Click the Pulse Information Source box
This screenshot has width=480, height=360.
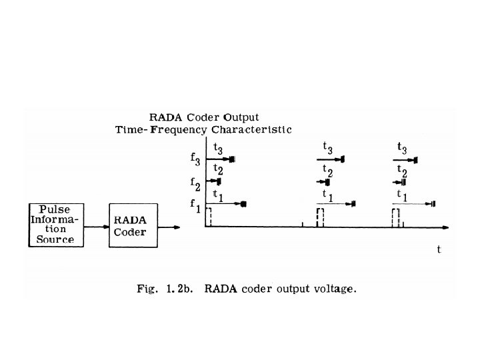click(55, 224)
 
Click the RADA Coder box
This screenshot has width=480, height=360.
click(134, 225)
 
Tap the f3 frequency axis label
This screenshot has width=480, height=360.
click(195, 160)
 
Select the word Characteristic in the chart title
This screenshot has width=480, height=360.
click(256, 130)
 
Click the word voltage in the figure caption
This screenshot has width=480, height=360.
click(335, 289)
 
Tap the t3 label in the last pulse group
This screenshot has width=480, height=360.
click(403, 148)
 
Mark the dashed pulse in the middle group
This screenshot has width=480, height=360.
click(320, 217)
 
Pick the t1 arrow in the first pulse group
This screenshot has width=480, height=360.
click(227, 203)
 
